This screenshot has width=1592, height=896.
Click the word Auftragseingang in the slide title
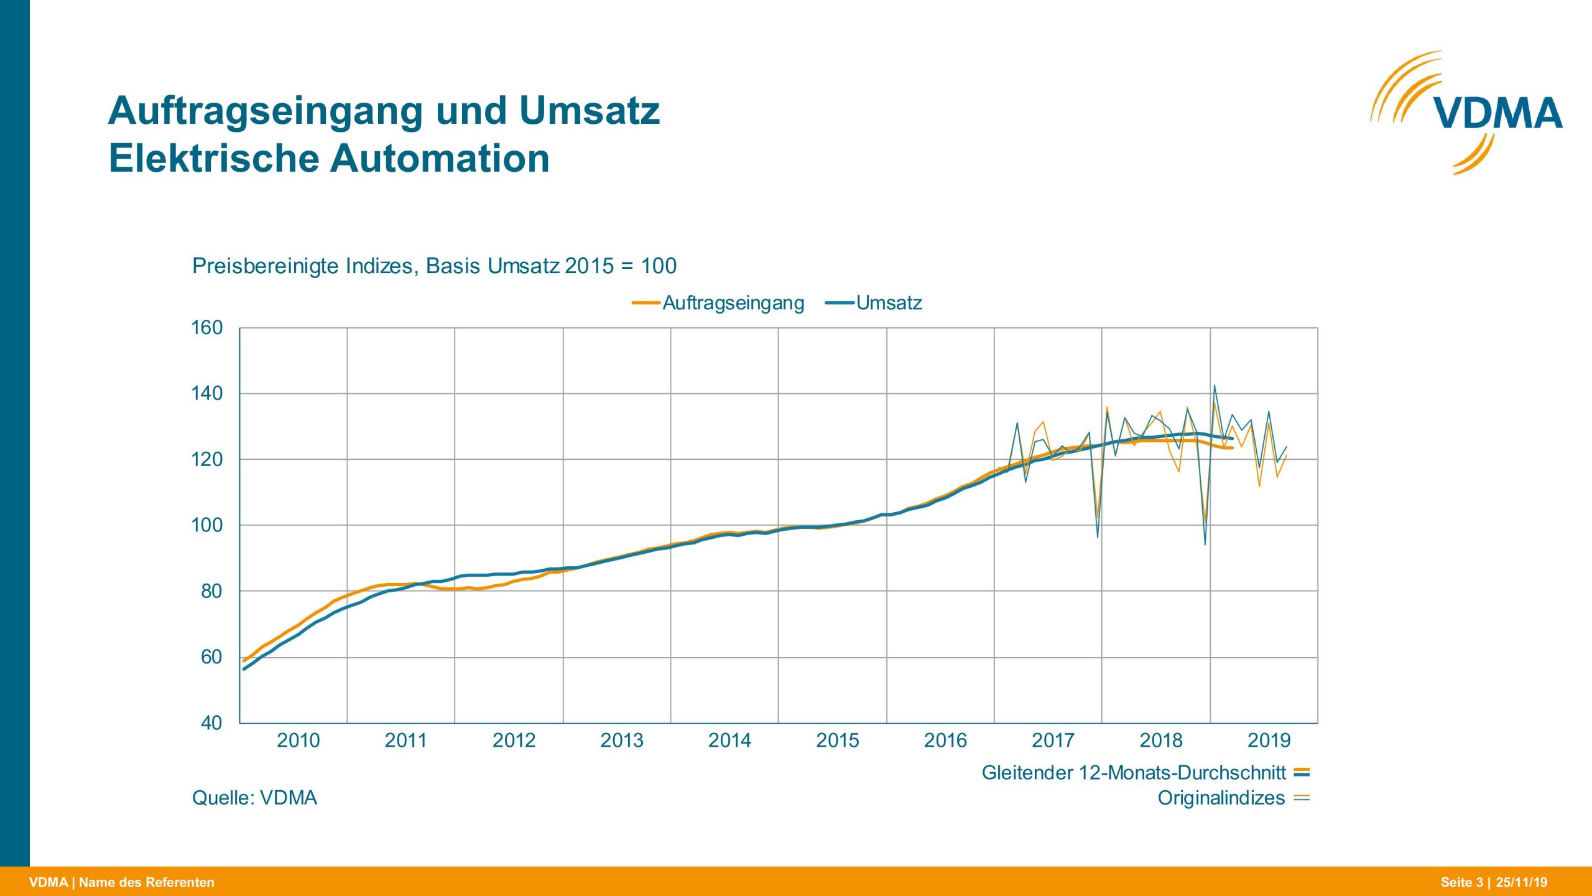[267, 111]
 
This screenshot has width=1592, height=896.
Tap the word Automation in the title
[440, 159]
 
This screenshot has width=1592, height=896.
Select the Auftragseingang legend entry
[732, 303]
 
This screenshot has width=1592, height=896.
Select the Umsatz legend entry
[888, 303]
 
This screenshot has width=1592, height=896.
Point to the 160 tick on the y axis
[207, 328]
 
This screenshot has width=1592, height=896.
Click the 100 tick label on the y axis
[207, 525]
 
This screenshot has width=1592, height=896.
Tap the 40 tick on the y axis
[211, 723]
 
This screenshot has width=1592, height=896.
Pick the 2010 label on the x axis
[298, 740]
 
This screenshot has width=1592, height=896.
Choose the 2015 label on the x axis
[837, 740]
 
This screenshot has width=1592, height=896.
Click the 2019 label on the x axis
[1269, 740]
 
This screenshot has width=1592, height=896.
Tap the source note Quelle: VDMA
[254, 798]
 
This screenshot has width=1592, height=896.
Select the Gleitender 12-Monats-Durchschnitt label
[1133, 773]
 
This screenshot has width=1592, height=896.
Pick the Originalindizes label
[1221, 798]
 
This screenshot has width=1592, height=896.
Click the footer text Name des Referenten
[147, 882]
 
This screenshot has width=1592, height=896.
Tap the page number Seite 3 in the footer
[1461, 882]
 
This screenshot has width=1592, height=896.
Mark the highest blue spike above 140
[1215, 386]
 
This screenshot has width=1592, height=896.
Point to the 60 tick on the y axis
[211, 657]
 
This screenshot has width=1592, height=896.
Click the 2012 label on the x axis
[514, 740]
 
